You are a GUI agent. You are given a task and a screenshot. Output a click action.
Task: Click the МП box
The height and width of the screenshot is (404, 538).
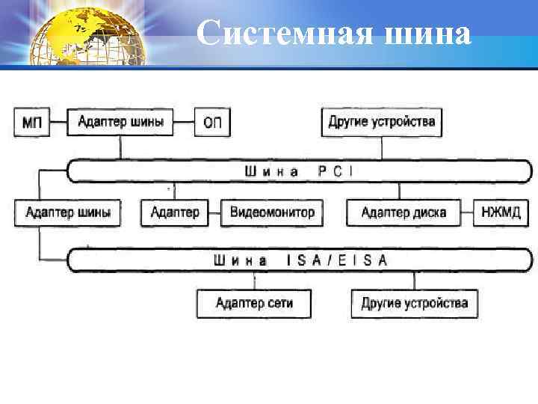click(x=31, y=122)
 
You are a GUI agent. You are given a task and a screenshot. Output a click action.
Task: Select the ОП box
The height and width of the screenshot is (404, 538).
click(x=212, y=122)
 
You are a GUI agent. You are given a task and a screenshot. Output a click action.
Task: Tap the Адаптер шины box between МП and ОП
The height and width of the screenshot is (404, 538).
click(x=120, y=121)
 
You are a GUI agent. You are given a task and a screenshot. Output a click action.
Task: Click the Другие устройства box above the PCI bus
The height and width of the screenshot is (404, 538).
click(x=382, y=121)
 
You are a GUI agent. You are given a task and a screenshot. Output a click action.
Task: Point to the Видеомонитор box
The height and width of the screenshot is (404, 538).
click(x=272, y=212)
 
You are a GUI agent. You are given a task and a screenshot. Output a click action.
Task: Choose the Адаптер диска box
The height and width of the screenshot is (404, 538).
click(x=403, y=212)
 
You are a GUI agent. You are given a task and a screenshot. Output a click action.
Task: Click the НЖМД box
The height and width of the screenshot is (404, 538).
click(x=501, y=212)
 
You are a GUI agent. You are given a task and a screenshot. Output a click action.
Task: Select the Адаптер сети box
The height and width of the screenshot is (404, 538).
click(x=254, y=303)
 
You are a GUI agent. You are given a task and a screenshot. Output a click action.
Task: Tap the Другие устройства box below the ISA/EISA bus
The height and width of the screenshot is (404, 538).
click(x=415, y=303)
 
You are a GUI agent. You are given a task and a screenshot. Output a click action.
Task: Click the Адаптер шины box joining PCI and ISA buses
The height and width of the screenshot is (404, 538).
click(x=68, y=212)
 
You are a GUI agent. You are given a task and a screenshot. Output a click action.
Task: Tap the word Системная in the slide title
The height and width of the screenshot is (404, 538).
click(x=287, y=34)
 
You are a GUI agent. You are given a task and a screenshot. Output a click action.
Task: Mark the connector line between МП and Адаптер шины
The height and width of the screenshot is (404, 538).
click(x=58, y=122)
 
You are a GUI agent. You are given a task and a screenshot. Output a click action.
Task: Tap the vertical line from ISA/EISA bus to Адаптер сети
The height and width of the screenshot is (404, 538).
click(x=254, y=281)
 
